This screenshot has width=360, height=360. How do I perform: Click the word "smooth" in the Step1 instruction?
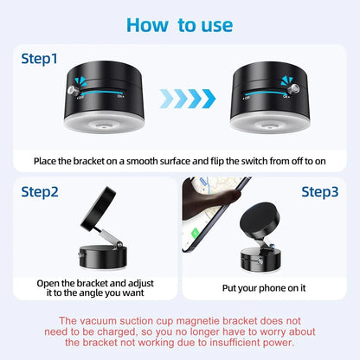[148, 161]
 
